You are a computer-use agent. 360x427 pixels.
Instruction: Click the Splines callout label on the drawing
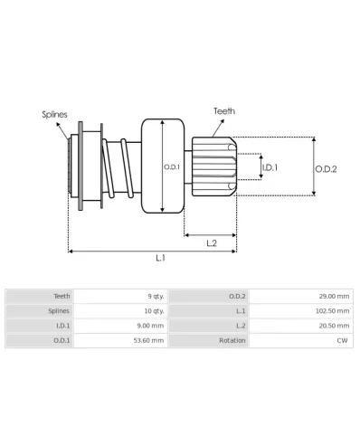[x=54, y=115]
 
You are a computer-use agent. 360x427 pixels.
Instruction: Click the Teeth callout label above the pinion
[x=224, y=111]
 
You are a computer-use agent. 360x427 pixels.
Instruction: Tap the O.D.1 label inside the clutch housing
[x=172, y=167]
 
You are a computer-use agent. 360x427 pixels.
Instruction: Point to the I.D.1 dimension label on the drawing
[x=270, y=167]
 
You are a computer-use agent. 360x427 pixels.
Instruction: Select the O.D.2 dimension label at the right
[x=326, y=169]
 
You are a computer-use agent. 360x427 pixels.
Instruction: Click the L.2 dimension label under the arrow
[x=212, y=243]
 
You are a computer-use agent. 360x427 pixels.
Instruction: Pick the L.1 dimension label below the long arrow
[x=160, y=258]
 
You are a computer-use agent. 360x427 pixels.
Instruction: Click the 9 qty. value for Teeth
[x=156, y=297]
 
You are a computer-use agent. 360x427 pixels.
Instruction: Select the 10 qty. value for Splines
[x=154, y=311]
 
